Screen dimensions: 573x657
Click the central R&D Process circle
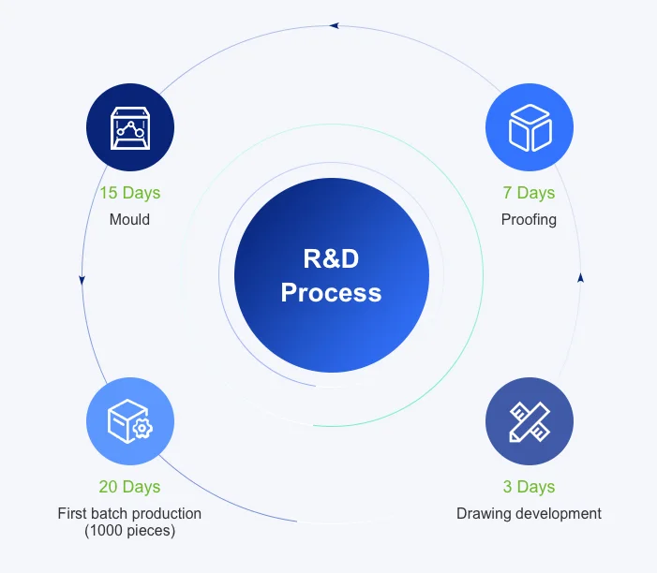(331, 275)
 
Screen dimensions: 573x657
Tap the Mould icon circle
(129, 127)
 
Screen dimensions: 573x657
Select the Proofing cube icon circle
(530, 127)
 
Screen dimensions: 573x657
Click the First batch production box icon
(129, 421)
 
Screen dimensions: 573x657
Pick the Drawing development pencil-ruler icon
(530, 421)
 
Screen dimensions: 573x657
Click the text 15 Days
(129, 193)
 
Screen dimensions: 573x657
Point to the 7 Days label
(530, 193)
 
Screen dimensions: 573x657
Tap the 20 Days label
(129, 487)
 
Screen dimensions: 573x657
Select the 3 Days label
(530, 487)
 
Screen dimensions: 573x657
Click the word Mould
(129, 220)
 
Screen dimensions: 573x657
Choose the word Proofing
(530, 220)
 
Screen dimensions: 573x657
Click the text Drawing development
(530, 513)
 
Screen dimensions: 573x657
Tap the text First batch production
(129, 513)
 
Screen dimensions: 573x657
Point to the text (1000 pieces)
(129, 531)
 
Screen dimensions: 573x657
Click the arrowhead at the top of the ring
(335, 25)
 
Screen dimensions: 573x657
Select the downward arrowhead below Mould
(82, 279)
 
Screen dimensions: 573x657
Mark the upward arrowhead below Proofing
(581, 277)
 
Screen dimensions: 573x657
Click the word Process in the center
(331, 292)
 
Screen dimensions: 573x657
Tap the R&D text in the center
(331, 258)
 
